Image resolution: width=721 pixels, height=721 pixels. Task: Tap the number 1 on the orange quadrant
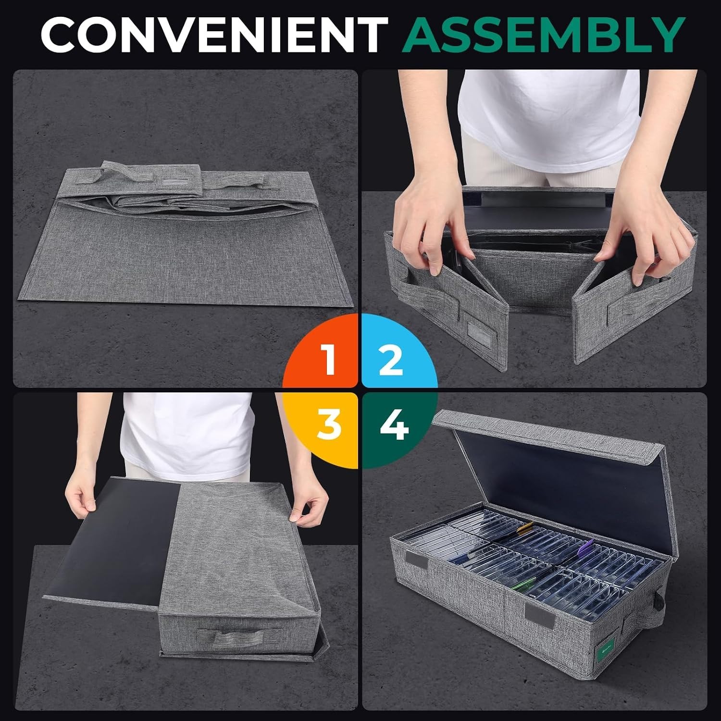329,360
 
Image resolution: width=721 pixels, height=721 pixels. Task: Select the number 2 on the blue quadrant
391,360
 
